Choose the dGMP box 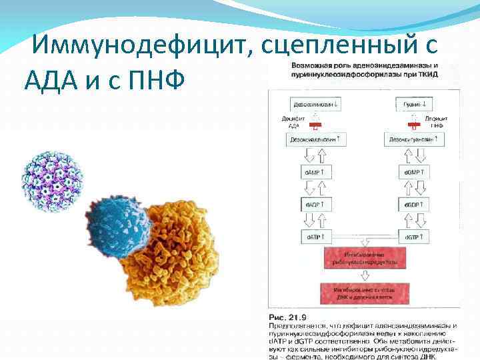(411, 172)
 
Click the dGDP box (411, 204)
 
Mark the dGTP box (411, 236)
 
